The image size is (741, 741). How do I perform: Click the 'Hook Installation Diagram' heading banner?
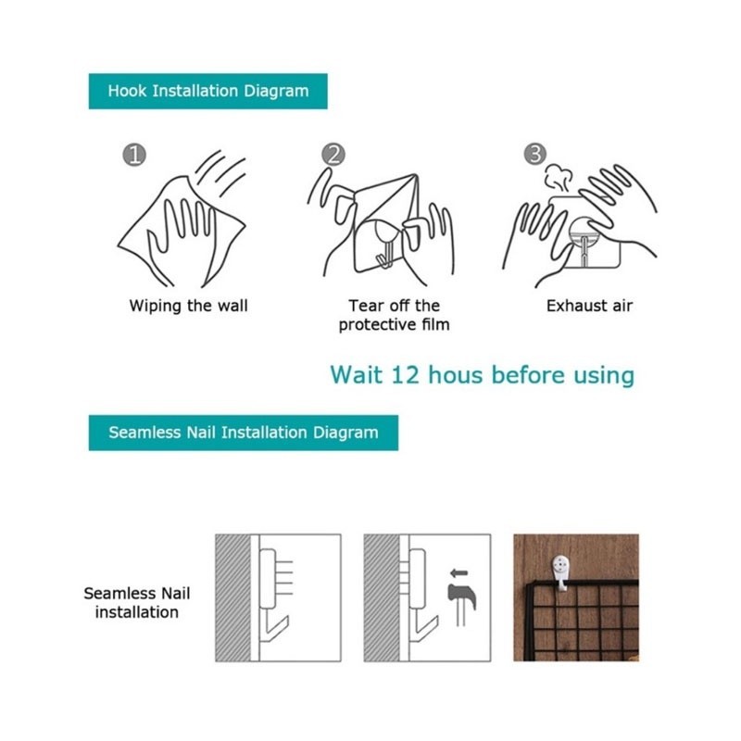pyautogui.click(x=207, y=91)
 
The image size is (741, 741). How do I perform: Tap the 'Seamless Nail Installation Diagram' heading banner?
pyautogui.click(x=244, y=433)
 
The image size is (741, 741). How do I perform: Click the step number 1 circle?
pyautogui.click(x=134, y=155)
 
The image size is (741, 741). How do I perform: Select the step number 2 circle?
pyautogui.click(x=333, y=155)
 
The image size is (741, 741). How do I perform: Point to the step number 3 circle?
pyautogui.click(x=535, y=154)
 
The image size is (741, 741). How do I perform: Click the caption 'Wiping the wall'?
pyautogui.click(x=189, y=307)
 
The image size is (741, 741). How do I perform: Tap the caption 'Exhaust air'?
pyautogui.click(x=589, y=307)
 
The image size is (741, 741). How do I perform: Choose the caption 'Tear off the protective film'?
pyautogui.click(x=395, y=315)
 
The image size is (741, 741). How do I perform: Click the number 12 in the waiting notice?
pyautogui.click(x=405, y=375)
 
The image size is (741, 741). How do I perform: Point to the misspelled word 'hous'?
pyautogui.click(x=456, y=375)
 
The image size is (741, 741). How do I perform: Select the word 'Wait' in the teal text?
pyautogui.click(x=357, y=375)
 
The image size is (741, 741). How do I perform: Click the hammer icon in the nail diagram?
pyautogui.click(x=461, y=604)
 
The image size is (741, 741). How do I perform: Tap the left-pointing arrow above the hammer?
pyautogui.click(x=458, y=573)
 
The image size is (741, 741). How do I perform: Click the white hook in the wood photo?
pyautogui.click(x=560, y=572)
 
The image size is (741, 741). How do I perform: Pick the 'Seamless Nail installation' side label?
pyautogui.click(x=137, y=603)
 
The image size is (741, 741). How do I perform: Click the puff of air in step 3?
pyautogui.click(x=559, y=177)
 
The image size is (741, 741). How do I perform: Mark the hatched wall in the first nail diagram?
pyautogui.click(x=233, y=597)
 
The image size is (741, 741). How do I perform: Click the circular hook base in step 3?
pyautogui.click(x=585, y=232)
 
